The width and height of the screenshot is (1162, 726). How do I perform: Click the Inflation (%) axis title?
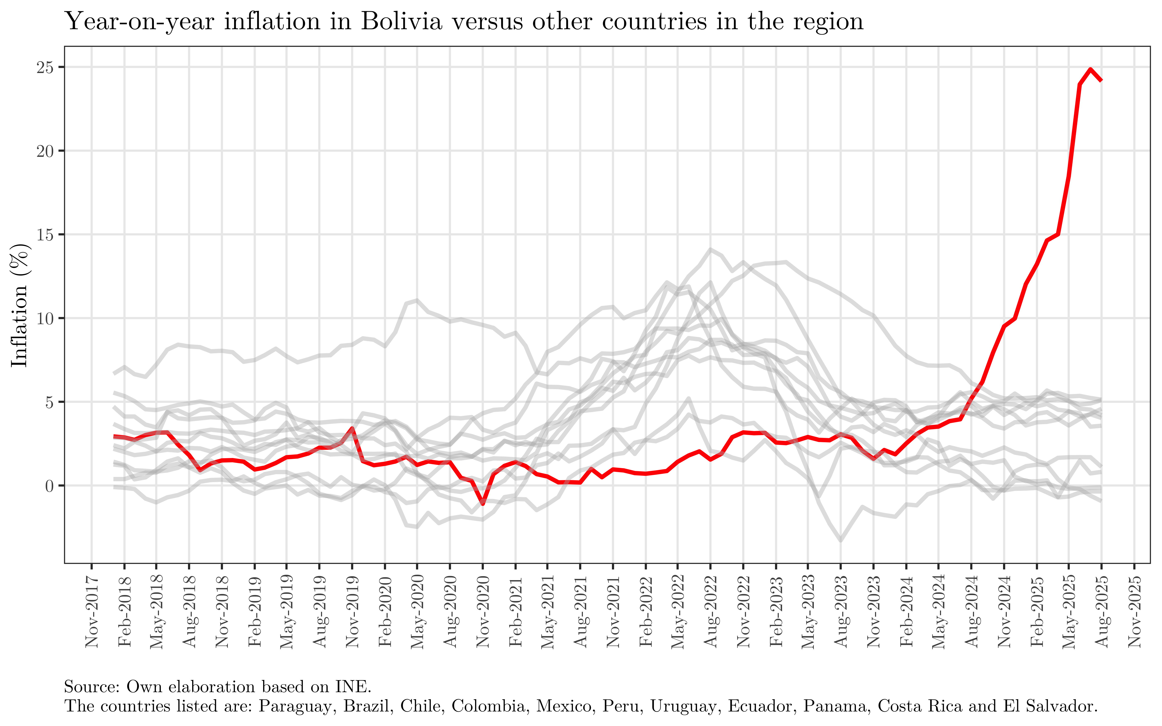(x=20, y=305)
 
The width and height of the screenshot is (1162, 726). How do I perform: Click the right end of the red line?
(x=1101, y=80)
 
